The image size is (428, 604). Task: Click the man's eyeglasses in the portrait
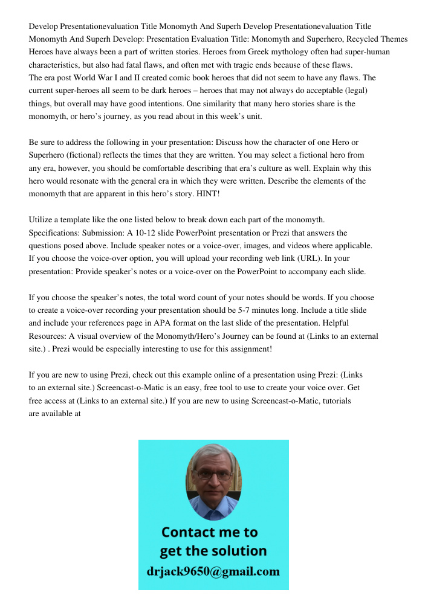[x=213, y=474]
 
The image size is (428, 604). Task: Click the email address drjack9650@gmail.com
[x=213, y=571]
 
